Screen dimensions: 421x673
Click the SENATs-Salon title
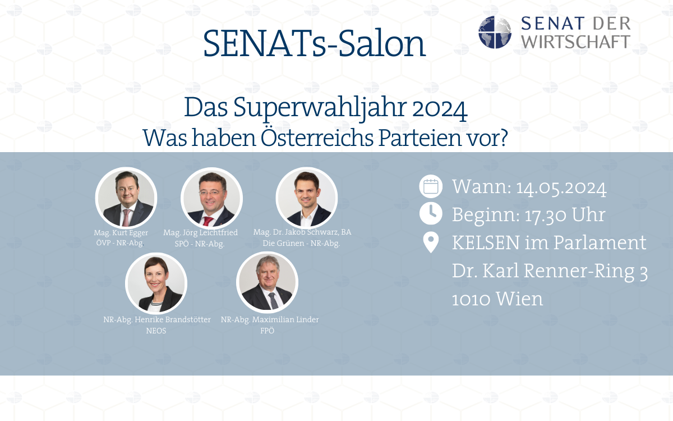coord(314,44)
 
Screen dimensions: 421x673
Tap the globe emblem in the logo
coord(495,32)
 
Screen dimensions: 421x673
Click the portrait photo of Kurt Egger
coord(126,198)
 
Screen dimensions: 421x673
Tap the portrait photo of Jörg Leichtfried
coord(211,198)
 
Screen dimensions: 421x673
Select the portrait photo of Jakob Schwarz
coord(306,198)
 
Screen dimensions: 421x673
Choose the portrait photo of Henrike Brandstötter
coord(156,283)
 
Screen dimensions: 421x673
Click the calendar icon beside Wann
coord(431,187)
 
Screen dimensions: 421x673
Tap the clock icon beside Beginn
coord(431,214)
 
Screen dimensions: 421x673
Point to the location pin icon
coord(431,243)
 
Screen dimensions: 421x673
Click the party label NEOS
coord(156,331)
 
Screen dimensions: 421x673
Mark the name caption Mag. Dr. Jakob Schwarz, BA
coord(302,232)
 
